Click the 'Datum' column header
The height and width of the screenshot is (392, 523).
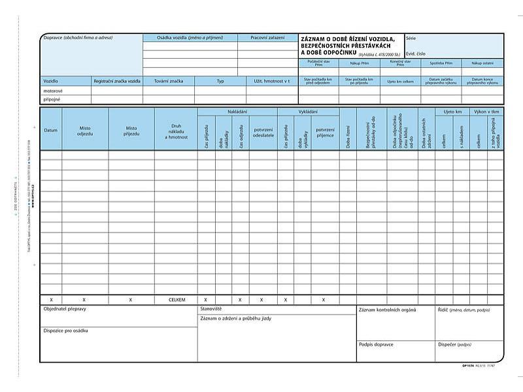pos(51,130)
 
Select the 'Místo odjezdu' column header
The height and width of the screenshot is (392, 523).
pos(86,131)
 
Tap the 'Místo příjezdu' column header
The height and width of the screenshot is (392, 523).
pos(131,131)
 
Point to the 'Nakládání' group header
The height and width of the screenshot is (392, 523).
pos(237,112)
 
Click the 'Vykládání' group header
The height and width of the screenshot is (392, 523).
pos(308,112)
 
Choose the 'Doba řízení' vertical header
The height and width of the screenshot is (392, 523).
pos(348,137)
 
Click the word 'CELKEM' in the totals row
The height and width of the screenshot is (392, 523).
pos(177,299)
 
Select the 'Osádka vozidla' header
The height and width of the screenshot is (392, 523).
pos(190,38)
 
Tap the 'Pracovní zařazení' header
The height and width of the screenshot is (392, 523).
pos(267,38)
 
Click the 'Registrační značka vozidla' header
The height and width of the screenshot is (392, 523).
pos(117,81)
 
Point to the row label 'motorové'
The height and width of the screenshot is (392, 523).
pos(53,91)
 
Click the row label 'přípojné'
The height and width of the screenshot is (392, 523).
pos(52,100)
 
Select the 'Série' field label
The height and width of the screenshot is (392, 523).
pos(411,38)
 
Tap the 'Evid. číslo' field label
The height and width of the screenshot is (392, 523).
pos(416,53)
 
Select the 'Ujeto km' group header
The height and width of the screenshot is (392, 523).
pos(452,112)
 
